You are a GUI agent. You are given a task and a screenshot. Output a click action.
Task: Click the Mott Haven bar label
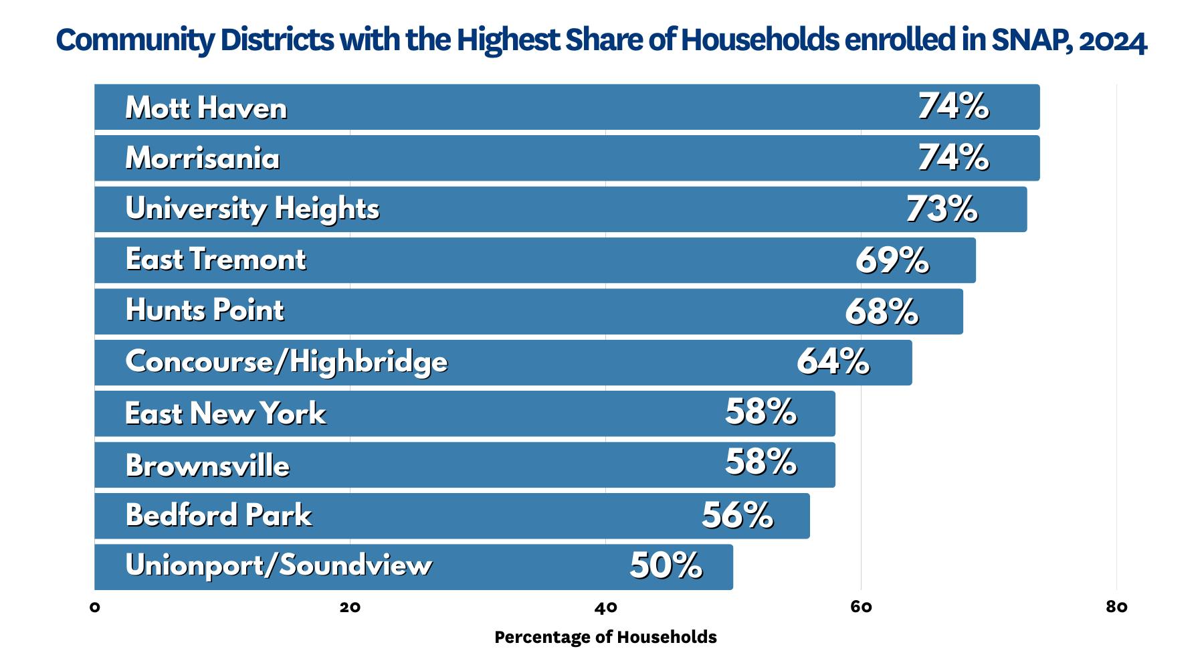(206, 108)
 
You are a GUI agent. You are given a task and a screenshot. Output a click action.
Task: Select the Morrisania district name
(202, 159)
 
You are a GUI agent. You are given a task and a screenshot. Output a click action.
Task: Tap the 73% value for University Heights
(941, 209)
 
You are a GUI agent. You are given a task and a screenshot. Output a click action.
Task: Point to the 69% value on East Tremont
(892, 260)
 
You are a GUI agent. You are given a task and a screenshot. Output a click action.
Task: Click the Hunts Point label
(205, 310)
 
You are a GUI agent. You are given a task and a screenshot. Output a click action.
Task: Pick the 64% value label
(833, 362)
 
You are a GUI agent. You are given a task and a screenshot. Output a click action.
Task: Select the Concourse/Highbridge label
(286, 362)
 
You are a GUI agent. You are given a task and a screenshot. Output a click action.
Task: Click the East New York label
(225, 413)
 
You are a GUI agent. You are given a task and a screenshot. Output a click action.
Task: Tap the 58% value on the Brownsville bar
(761, 462)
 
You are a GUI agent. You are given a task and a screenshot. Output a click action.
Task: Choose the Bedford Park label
(219, 515)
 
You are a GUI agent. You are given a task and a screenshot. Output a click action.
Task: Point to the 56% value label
(737, 516)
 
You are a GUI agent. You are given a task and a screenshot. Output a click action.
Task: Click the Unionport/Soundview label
(278, 566)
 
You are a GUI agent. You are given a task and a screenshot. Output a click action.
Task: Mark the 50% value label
(666, 566)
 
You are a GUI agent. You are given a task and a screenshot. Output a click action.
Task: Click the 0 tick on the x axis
(95, 607)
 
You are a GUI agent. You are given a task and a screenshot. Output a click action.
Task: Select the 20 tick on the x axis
(350, 607)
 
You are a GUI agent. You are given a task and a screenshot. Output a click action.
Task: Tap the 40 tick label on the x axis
(605, 607)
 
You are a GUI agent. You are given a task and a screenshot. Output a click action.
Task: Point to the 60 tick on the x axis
(861, 607)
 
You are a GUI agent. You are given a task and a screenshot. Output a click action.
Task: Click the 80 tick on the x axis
(1116, 607)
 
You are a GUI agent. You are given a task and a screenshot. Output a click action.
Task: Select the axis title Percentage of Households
(605, 637)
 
